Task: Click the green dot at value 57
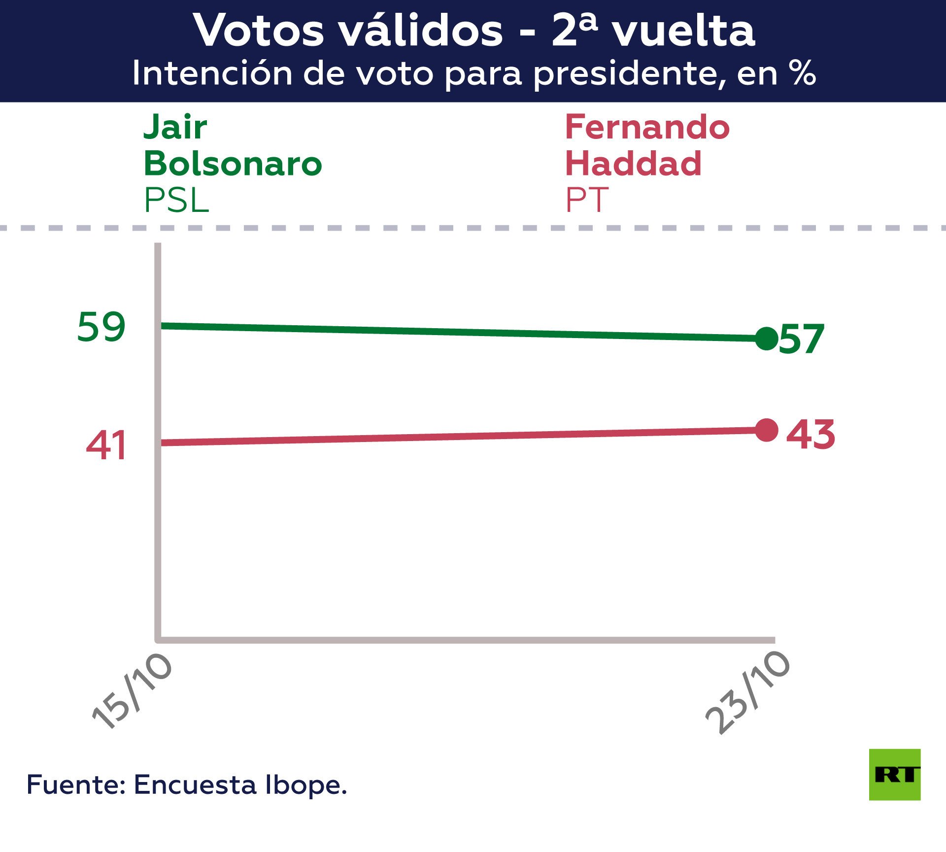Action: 766,339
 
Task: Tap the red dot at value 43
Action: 766,430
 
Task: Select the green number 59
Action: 101,327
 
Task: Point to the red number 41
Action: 106,445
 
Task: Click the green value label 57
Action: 802,340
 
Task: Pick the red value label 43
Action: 811,435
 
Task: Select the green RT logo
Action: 894,774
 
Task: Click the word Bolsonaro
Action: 233,164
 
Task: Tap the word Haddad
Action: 633,164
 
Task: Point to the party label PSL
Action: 176,200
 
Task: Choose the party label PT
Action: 586,200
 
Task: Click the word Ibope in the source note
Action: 305,785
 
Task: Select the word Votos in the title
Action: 259,31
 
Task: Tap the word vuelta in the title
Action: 683,31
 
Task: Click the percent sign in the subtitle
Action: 802,73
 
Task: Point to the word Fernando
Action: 647,127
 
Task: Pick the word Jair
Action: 175,127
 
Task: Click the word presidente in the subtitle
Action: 630,74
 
